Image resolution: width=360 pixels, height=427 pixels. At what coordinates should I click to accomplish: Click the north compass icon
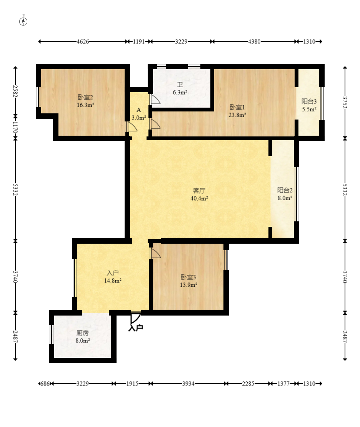coord(23,21)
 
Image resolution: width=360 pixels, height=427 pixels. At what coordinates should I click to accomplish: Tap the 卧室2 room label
coord(85,97)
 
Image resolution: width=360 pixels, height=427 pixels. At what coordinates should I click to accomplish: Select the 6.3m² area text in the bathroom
coord(180,92)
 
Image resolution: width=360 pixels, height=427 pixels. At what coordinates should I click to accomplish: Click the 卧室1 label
coord(237,107)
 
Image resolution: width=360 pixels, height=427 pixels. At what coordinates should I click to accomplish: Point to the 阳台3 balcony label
coord(309,101)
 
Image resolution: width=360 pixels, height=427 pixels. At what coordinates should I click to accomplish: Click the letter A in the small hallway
coord(139,110)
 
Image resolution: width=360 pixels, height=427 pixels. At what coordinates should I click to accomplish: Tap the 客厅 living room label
coord(199,191)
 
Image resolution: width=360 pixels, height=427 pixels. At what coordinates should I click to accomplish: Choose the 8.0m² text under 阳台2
coord(285,198)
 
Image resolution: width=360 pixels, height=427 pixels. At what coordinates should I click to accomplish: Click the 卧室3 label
coord(188,277)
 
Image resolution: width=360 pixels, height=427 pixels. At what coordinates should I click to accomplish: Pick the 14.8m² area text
coord(113,281)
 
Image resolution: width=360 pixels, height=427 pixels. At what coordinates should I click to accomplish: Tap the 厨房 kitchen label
coord(83,333)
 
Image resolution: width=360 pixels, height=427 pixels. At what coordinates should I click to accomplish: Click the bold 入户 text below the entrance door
coord(136,328)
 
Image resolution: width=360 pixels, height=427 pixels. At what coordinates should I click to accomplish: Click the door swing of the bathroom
coord(155,100)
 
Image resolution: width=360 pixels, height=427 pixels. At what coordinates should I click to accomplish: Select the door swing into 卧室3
coord(156,253)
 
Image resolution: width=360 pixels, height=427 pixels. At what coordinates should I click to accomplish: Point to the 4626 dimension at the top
coord(83,42)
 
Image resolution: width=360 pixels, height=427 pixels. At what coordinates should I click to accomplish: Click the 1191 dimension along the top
coord(139,42)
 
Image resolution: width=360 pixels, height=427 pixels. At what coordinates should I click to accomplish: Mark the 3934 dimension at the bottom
coord(188,384)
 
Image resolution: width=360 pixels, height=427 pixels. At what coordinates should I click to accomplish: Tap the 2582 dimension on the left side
coord(15,91)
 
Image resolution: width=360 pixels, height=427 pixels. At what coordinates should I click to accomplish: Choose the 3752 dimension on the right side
coord(345,102)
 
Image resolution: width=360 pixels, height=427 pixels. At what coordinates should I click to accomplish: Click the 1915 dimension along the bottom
coord(132,384)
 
